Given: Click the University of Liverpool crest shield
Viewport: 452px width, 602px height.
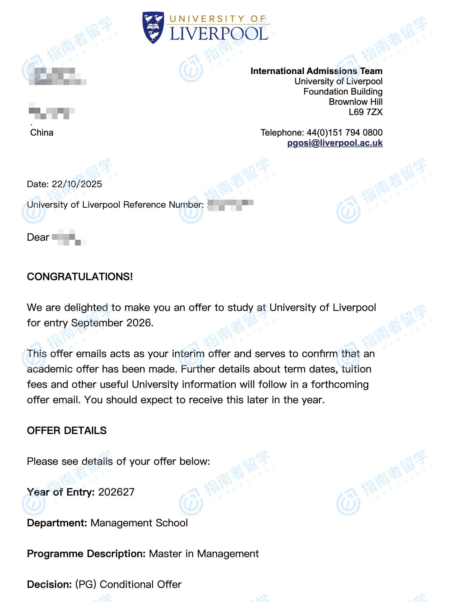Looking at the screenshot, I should coord(153,27).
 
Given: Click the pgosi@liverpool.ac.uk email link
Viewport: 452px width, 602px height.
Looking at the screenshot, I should coord(335,143).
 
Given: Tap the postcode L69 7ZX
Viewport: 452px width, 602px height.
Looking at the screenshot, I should coord(365,112).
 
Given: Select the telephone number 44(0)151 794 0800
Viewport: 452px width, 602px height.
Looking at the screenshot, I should coord(345,133).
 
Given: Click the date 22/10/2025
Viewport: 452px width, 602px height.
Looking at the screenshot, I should coord(77,184).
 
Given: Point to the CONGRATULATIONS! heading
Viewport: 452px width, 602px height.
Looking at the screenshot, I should coord(80,277).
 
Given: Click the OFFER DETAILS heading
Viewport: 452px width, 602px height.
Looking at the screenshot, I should coord(67,431).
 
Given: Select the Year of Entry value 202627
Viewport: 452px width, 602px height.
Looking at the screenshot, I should coord(116,492).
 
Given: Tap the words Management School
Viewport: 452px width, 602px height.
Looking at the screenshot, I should coord(139,523).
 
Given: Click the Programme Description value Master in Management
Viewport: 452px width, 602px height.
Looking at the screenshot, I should coord(204,554).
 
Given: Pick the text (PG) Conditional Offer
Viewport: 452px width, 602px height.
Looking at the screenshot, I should coord(128,584).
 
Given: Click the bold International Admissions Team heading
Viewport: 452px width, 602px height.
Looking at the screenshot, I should coord(316,71).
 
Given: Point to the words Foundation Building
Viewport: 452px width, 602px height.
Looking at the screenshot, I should coord(343,92).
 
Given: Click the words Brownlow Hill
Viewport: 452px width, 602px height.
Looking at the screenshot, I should coord(356,102).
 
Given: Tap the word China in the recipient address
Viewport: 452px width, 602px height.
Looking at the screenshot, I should coord(42,133).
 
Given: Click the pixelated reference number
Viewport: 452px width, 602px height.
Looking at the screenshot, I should coord(231,205).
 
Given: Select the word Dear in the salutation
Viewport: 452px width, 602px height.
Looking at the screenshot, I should coord(38,238).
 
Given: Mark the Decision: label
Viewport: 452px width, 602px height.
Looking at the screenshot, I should coord(49,584).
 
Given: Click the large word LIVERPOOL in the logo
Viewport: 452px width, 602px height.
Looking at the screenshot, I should coord(219,34).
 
